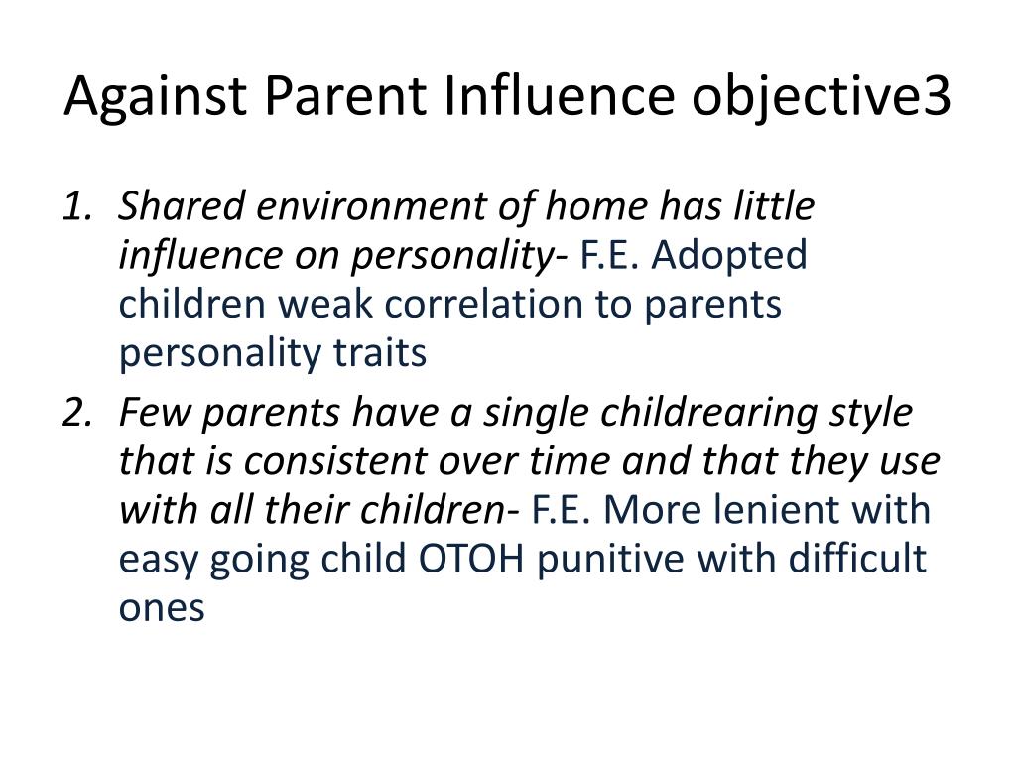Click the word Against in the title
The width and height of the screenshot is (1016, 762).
click(156, 96)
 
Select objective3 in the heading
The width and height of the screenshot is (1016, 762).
click(821, 96)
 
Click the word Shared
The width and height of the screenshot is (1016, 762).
click(183, 206)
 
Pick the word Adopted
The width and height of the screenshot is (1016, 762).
click(729, 255)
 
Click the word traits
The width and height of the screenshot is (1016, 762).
click(380, 353)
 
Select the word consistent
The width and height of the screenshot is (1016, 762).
click(335, 462)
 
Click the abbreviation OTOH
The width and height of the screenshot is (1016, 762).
click(471, 559)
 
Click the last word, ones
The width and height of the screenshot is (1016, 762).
click(162, 609)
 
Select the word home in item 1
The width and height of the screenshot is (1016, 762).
click(596, 206)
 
